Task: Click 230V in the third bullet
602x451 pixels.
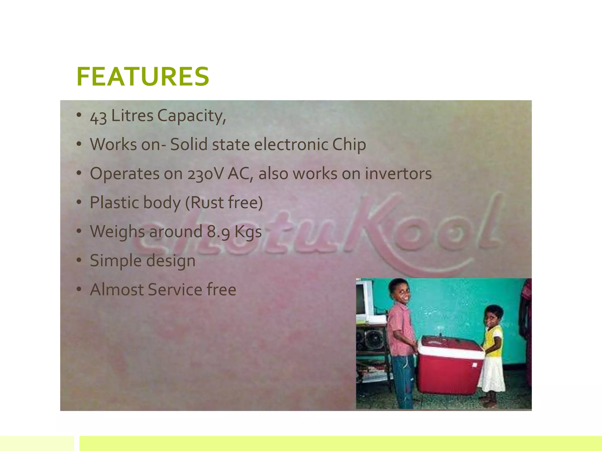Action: [205, 174]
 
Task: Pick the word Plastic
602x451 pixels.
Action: [110, 203]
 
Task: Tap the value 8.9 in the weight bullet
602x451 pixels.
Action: [219, 232]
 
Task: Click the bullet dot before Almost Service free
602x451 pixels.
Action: [78, 289]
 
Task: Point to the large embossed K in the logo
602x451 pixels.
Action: [373, 223]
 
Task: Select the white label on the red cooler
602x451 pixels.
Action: [474, 365]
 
